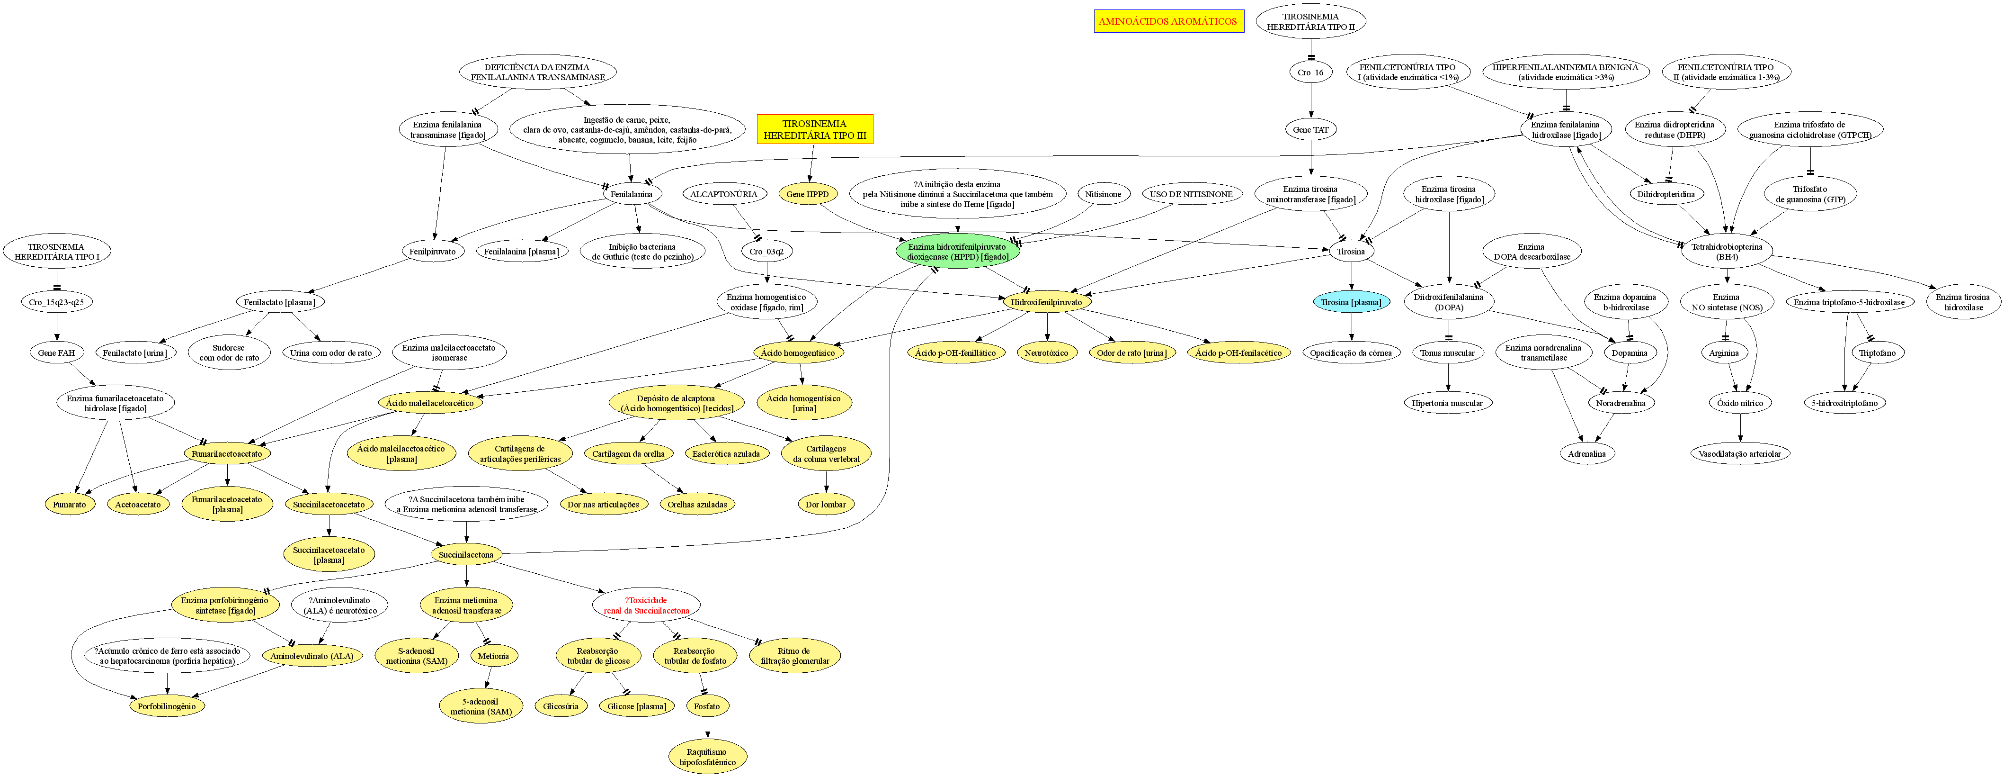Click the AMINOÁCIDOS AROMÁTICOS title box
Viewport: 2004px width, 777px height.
pyautogui.click(x=1168, y=21)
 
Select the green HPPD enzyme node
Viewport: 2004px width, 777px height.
pyautogui.click(x=957, y=252)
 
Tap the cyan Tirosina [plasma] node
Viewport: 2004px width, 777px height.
pyautogui.click(x=1351, y=302)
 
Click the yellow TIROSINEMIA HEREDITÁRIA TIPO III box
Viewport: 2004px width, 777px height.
pyautogui.click(x=814, y=129)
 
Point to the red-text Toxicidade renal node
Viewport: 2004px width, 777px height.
pyautogui.click(x=646, y=605)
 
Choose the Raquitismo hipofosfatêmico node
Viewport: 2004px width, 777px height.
pyautogui.click(x=707, y=757)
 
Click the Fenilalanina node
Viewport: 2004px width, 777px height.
pyautogui.click(x=631, y=194)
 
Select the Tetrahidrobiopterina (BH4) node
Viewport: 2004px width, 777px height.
pyautogui.click(x=1726, y=252)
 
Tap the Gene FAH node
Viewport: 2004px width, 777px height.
pyautogui.click(x=57, y=352)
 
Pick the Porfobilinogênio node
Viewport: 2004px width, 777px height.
pyautogui.click(x=167, y=706)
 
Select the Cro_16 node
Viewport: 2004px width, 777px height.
pyautogui.click(x=1311, y=72)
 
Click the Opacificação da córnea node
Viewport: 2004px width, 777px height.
pyautogui.click(x=1351, y=352)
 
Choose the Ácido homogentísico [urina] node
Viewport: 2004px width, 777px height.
pyautogui.click(x=803, y=403)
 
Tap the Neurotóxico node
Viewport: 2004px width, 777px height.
pyautogui.click(x=1046, y=352)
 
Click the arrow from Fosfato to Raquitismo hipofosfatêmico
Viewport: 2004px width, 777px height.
pyautogui.click(x=707, y=728)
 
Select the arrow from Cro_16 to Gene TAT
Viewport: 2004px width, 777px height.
pyautogui.click(x=1311, y=100)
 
